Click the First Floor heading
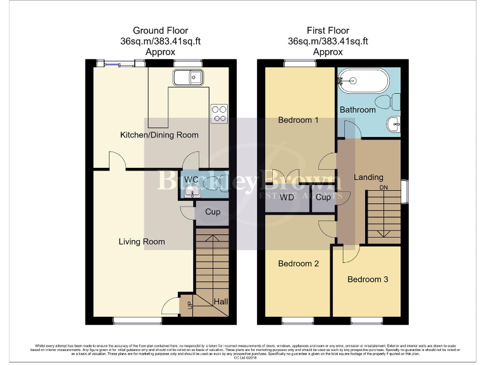328,30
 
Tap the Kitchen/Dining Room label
159,134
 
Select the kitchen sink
188,78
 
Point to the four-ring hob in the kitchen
220,113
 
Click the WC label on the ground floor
190,179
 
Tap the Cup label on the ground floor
213,212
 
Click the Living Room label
142,241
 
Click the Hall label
220,302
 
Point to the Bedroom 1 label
299,120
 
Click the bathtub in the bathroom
356,81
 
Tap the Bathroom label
358,110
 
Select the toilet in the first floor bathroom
387,101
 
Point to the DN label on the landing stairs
383,188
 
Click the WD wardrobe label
287,197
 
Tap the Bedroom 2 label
299,263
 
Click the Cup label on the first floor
323,197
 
